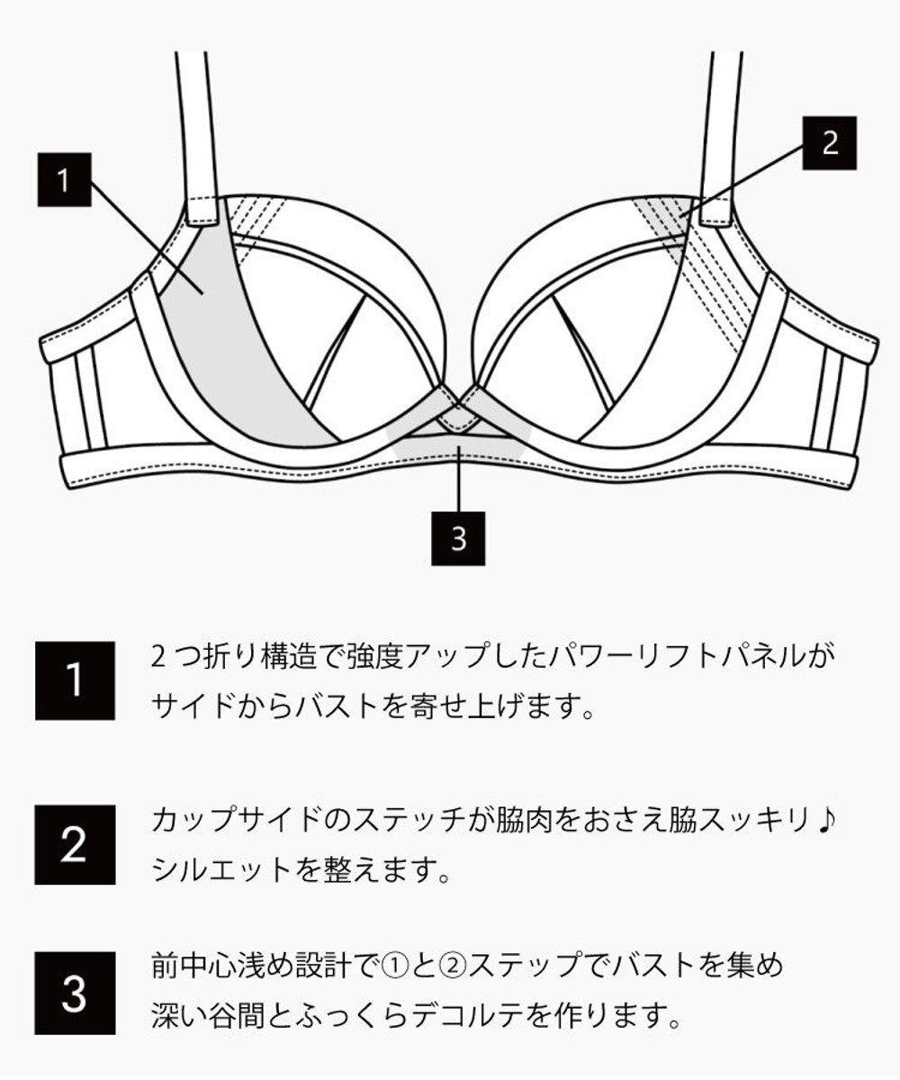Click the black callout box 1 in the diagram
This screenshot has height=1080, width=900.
(x=63, y=181)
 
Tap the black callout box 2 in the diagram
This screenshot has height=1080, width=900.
(x=830, y=142)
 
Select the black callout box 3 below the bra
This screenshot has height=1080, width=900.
(x=459, y=538)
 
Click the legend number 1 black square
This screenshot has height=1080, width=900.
(x=75, y=680)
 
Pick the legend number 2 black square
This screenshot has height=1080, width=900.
(x=75, y=844)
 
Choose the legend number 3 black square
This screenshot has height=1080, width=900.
(x=75, y=993)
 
